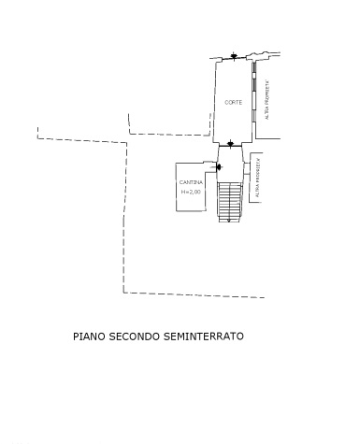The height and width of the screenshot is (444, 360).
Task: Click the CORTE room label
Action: point(233,101)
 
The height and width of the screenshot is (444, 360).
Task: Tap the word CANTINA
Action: point(191,181)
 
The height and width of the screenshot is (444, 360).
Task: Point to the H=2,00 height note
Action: point(191,192)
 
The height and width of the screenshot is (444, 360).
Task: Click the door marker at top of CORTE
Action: point(233,57)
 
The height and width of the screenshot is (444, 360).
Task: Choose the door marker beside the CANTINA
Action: point(219,167)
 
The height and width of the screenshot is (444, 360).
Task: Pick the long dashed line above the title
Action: point(192,294)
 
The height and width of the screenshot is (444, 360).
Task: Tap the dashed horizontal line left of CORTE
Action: point(168,135)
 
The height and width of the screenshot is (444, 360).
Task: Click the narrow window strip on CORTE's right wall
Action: point(252,93)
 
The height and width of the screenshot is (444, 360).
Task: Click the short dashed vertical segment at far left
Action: point(37,132)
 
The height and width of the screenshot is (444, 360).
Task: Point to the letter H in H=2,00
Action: point(182,192)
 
